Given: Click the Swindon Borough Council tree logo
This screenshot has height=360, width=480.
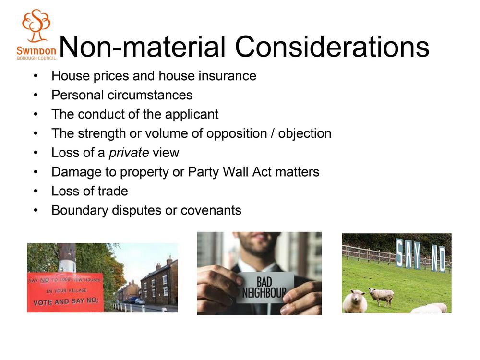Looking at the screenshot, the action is (x=36, y=25).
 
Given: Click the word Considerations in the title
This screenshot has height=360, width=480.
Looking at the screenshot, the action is (x=332, y=47).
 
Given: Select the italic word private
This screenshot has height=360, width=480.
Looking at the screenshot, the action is (x=129, y=153).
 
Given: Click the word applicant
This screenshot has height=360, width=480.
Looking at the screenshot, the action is (x=192, y=115).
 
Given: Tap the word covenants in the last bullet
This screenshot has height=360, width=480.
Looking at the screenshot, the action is (x=211, y=211).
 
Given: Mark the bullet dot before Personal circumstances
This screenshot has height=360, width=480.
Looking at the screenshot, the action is (x=36, y=95).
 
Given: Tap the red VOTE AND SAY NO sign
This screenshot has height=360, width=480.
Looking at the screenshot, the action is (x=65, y=292).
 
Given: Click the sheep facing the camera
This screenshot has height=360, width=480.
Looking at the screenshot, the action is (x=355, y=301).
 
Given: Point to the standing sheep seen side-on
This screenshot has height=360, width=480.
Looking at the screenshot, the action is (x=381, y=297).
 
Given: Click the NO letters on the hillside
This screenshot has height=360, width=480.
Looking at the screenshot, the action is (x=438, y=258).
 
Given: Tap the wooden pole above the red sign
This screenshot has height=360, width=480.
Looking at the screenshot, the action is (x=67, y=258).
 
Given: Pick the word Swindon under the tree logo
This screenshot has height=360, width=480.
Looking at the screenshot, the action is (x=36, y=50).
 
